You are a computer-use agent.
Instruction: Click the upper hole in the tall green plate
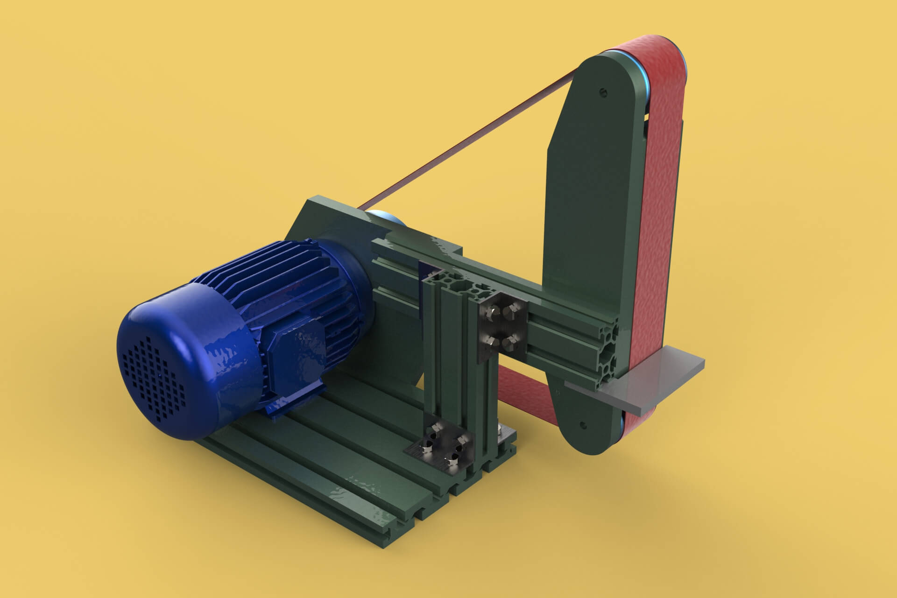(x=602, y=92)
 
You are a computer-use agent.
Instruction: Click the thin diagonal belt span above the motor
(x=467, y=140)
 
